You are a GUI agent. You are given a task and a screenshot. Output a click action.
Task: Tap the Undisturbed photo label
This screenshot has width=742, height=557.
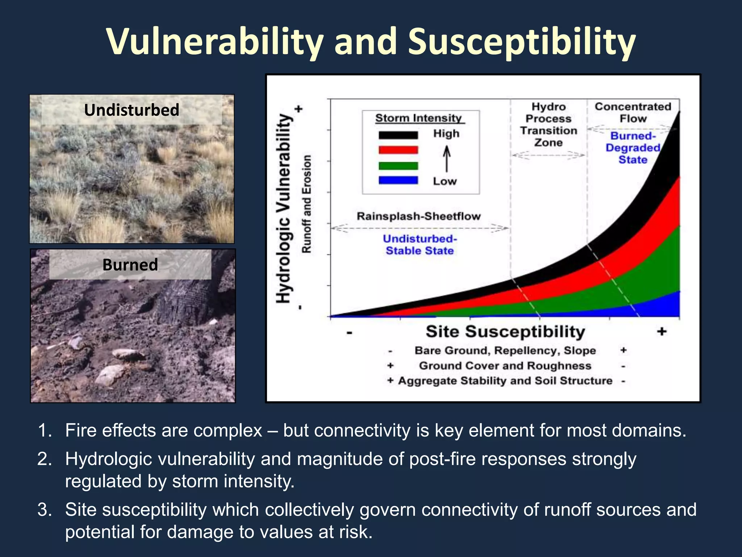point(132,110)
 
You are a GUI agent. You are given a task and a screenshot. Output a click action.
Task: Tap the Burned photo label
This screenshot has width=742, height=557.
point(130,264)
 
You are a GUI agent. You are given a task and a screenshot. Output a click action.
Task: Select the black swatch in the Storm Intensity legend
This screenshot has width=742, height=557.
point(398,135)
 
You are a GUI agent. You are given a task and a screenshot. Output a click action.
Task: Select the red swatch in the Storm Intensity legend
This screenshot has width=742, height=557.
point(398,150)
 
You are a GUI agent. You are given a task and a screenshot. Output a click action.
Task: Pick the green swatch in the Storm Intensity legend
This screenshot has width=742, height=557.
point(398,166)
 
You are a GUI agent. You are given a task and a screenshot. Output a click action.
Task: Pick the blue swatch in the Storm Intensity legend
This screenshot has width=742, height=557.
point(398,181)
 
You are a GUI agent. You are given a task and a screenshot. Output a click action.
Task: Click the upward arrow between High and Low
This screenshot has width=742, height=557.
point(447,158)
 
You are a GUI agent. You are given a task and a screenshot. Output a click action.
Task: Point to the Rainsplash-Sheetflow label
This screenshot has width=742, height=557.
point(418,216)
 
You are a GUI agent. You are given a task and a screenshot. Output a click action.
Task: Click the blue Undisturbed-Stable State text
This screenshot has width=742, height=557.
point(420,244)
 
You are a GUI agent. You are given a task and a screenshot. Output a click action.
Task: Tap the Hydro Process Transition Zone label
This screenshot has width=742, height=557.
point(549,124)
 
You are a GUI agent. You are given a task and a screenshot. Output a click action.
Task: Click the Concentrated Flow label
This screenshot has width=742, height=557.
point(633,112)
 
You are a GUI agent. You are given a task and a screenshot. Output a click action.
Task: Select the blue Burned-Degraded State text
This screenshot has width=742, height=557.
point(633,148)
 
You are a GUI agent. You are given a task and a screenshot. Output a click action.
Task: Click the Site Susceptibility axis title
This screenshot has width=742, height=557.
point(505,331)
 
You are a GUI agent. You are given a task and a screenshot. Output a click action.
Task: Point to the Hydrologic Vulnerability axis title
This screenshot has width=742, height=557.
point(283,208)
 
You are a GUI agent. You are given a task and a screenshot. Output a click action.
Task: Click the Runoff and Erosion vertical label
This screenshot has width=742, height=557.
point(307,204)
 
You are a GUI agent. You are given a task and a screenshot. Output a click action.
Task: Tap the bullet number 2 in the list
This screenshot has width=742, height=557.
point(45,459)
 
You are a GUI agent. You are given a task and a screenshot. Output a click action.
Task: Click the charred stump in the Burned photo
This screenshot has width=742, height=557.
point(185,301)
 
